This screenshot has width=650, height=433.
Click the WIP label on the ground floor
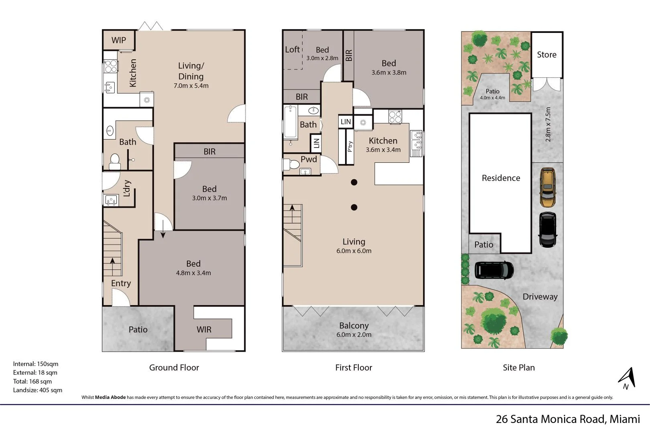pos(118,40)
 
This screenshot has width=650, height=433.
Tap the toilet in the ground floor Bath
pos(115,162)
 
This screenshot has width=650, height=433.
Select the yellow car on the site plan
pos(548,187)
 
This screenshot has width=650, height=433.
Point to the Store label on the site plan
pos(546,55)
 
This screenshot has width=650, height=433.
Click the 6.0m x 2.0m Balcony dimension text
pos(353,335)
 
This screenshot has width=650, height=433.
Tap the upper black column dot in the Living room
pos(354,182)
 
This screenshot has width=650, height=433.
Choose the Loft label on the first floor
pos(292,50)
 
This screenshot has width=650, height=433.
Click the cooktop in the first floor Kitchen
pos(395,117)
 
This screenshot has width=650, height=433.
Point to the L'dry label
pos(127,188)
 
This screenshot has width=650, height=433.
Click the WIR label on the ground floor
pos(204,330)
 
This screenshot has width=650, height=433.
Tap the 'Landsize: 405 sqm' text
pos(38,390)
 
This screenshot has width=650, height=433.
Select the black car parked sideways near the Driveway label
pos(494,270)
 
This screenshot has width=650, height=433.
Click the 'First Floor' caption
pos(353,368)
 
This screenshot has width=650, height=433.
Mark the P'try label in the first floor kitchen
pos(350,146)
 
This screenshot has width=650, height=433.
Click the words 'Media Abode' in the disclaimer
pos(110,398)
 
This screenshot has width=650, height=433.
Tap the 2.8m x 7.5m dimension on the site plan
pos(548,124)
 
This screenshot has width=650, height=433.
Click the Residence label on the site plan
pos(501,178)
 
